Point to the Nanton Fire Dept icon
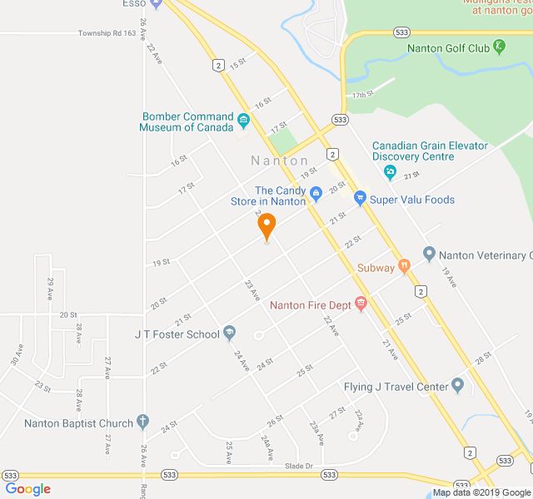coord(361,304)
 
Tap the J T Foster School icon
coord(230,333)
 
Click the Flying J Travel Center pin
coord(457,386)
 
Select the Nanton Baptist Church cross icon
coord(143,422)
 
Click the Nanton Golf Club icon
coord(499,47)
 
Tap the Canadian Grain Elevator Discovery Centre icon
coord(390,173)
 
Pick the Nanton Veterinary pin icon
coord(429,254)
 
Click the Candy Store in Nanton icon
coord(316,195)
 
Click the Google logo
coord(27,489)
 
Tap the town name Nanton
coord(280,161)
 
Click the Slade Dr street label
coord(298,467)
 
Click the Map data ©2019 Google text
coord(481,492)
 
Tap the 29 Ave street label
coord(51,289)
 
